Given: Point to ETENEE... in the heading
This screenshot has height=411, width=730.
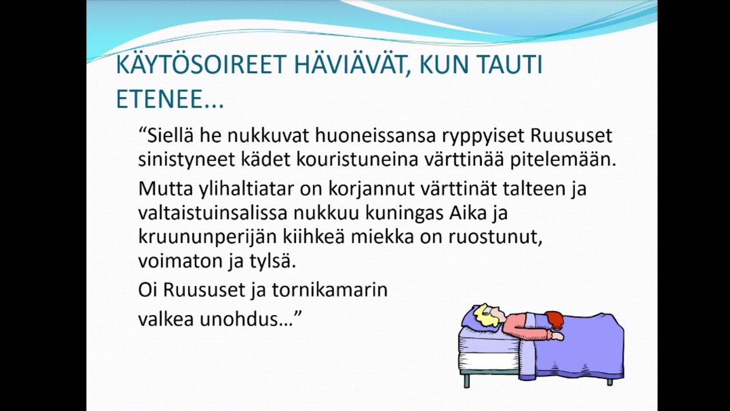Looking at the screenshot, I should (x=169, y=99).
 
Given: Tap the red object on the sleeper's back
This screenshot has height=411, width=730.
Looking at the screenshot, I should (x=554, y=320).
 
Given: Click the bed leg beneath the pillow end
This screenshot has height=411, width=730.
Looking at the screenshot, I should (x=467, y=380).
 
